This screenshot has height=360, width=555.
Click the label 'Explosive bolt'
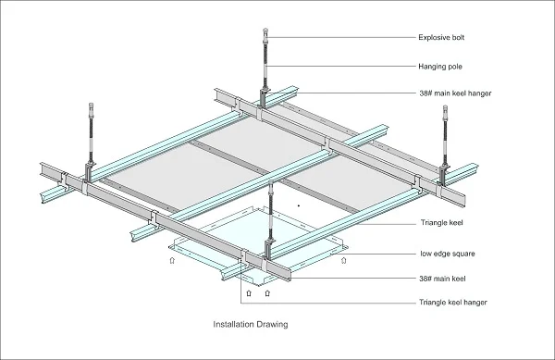pyautogui.click(x=441, y=38)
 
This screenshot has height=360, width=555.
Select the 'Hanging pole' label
pyautogui.click(x=440, y=67)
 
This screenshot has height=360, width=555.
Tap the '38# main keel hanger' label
pyautogui.click(x=455, y=93)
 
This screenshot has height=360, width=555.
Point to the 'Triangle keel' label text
pyautogui.click(x=442, y=223)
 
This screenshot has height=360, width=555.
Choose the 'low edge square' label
pyautogui.click(x=448, y=254)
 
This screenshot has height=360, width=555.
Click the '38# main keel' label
pyautogui.click(x=442, y=279)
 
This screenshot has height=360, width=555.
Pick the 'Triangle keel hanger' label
pyautogui.click(x=453, y=303)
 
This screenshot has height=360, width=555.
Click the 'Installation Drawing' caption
pyautogui.click(x=251, y=324)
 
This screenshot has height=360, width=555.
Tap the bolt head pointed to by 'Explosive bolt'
pyautogui.click(x=265, y=32)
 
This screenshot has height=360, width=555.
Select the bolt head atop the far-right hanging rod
pyautogui.click(x=445, y=109)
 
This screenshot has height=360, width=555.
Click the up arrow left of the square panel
pyautogui.click(x=172, y=261)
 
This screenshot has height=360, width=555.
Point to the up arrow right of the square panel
pyautogui.click(x=343, y=261)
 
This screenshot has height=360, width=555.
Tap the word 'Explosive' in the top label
pyautogui.click(x=432, y=38)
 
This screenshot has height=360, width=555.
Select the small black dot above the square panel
pyautogui.click(x=299, y=205)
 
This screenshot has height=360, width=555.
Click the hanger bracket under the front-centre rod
pyautogui.click(x=270, y=248)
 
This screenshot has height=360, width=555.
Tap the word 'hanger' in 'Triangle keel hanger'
pyautogui.click(x=475, y=303)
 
